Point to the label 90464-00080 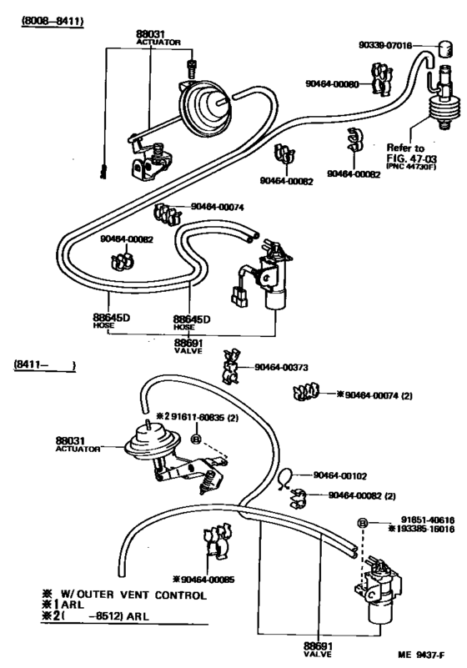pyautogui.click(x=335, y=84)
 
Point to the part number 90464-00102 pyautogui.click(x=341, y=475)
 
